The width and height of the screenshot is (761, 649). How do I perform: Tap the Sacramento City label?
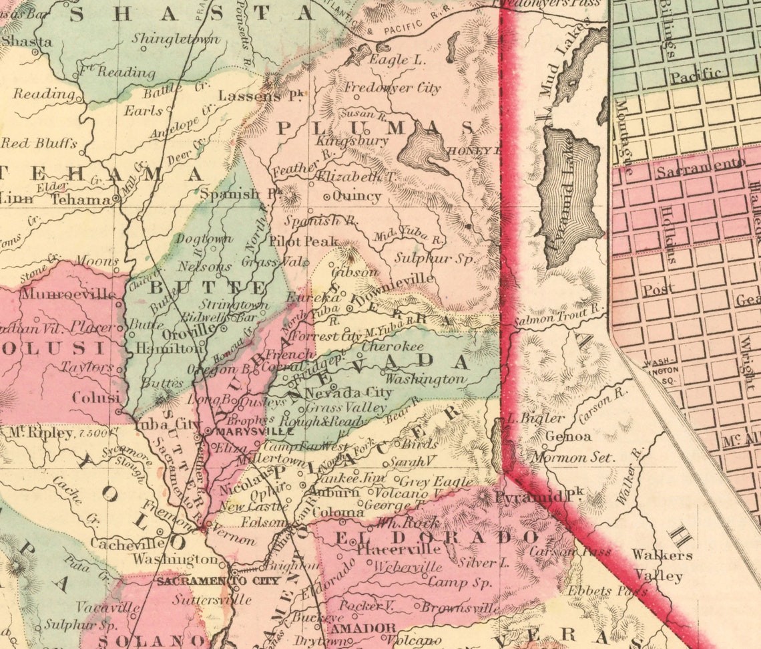[218, 581]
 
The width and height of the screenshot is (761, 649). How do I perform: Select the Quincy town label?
[356, 197]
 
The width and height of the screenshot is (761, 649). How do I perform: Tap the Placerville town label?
[399, 550]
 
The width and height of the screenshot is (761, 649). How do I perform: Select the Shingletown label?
[176, 39]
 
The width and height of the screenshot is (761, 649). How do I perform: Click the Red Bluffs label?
[39, 143]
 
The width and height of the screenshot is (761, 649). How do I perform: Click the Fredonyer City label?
[393, 88]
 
